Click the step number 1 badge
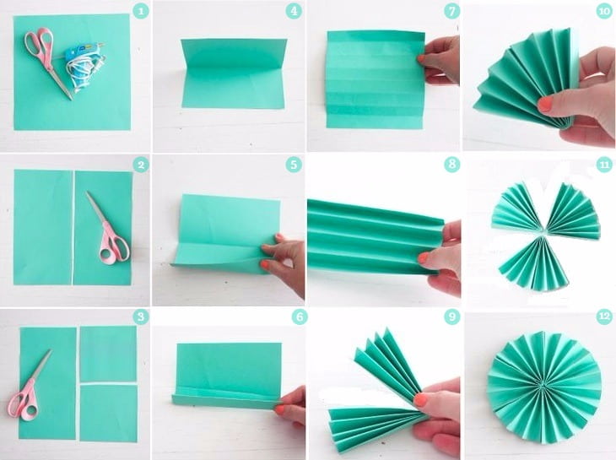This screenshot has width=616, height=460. point(141,11)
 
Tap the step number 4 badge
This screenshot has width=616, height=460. point(294,11)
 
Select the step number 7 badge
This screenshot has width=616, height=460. point(451,11)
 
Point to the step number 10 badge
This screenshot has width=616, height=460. point(604,11)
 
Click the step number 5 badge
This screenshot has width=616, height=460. point(294,165)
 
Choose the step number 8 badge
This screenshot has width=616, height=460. point(451,165)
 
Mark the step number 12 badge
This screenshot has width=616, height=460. point(604,317)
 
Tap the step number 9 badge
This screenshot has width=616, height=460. point(451,317)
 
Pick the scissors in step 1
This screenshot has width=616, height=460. point(46,59)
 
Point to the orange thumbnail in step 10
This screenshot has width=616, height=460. point(545,105)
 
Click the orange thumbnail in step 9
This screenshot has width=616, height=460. point(421,399)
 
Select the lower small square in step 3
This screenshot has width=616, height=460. point(108,414)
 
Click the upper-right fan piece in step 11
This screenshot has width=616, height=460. point(573,208)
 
